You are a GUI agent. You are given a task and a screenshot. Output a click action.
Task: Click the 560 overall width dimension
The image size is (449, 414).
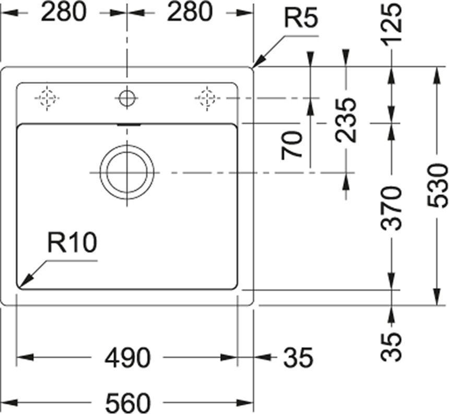pyautogui.click(x=128, y=403)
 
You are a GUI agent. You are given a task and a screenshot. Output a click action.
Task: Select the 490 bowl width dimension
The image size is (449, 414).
pyautogui.click(x=127, y=358)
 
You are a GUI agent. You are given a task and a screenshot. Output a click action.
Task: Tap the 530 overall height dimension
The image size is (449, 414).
pyautogui.click(x=438, y=185)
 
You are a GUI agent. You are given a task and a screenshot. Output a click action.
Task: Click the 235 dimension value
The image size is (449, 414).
pyautogui.click(x=346, y=120)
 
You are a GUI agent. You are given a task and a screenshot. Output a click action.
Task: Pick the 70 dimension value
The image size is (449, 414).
pyautogui.click(x=292, y=145)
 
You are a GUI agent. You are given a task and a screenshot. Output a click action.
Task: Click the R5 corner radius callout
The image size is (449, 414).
pyautogui.click(x=301, y=18)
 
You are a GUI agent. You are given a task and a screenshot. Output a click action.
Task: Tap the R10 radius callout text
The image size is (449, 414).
pyautogui.click(x=72, y=242)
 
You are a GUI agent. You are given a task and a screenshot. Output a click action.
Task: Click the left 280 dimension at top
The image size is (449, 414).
pyautogui.click(x=64, y=12)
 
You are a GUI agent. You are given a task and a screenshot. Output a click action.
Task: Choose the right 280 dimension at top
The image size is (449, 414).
pyautogui.click(x=190, y=12)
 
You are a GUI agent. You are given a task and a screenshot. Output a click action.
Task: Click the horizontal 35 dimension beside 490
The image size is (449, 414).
pyautogui.click(x=299, y=358)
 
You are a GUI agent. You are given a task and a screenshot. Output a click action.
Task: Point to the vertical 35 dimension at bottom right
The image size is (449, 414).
pyautogui.click(x=391, y=347)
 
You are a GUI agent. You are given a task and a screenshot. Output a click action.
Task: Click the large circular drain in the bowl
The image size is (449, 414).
pyautogui.click(x=127, y=173)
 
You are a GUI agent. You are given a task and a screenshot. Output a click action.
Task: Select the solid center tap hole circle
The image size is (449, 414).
pyautogui.click(x=127, y=98)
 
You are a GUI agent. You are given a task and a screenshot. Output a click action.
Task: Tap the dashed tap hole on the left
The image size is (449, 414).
pyautogui.click(x=47, y=98)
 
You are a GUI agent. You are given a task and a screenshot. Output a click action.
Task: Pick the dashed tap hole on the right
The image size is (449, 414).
pyautogui.click(x=207, y=98)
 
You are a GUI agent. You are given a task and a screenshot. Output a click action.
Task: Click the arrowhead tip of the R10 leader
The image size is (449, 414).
pyautogui.click(x=19, y=287)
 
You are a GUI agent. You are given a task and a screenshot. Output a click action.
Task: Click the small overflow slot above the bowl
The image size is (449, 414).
pyautogui.click(x=129, y=125)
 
